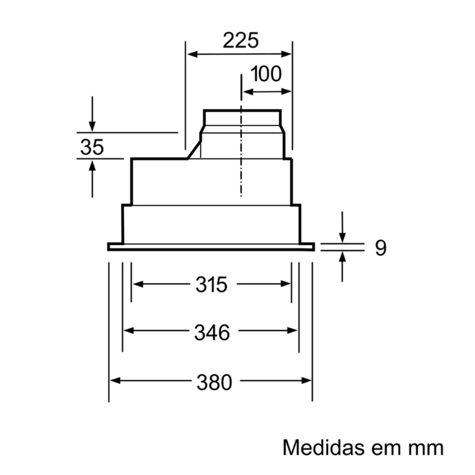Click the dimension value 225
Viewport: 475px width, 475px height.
point(241,41)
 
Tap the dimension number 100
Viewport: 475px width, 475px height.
point(266,74)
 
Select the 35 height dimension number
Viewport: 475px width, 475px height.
point(92,147)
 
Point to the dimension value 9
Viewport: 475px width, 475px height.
point(381,248)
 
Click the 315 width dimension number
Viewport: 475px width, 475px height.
point(212,284)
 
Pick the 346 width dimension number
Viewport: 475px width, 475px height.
point(212,332)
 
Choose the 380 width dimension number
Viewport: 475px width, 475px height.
point(215,383)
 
